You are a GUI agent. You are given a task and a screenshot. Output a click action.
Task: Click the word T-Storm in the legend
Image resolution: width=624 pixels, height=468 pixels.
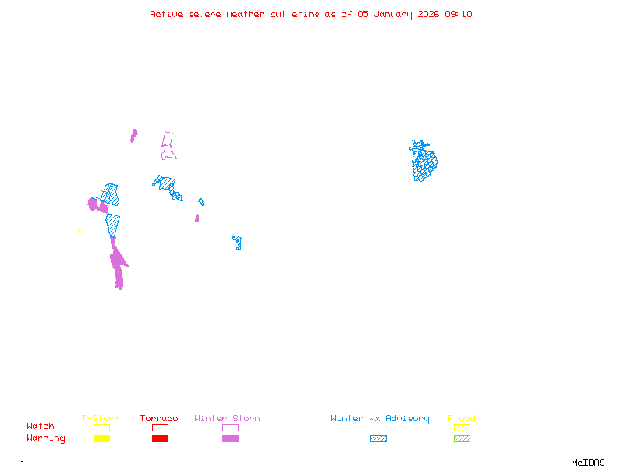click(101, 418)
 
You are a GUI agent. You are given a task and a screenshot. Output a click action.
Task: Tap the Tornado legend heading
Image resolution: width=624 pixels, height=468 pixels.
click(159, 418)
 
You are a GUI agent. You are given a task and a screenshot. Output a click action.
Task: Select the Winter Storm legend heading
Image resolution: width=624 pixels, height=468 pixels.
click(227, 418)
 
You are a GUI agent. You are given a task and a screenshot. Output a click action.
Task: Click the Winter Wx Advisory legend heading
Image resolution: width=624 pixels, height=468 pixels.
click(380, 418)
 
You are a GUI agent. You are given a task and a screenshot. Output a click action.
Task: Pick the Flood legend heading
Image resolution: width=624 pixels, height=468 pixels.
click(462, 418)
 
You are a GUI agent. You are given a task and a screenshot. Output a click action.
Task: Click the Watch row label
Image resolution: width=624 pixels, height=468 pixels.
click(41, 426)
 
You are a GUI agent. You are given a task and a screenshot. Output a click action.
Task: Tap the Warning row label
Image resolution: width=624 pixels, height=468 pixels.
click(46, 438)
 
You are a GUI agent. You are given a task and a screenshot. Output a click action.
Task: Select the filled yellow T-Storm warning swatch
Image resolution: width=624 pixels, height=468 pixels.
click(101, 438)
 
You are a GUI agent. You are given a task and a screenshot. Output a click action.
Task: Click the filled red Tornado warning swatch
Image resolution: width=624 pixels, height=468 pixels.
click(160, 438)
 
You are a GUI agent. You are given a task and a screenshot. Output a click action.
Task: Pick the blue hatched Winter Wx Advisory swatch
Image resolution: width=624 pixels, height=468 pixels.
click(378, 438)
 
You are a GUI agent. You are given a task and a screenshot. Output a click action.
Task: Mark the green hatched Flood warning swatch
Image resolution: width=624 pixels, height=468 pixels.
click(462, 438)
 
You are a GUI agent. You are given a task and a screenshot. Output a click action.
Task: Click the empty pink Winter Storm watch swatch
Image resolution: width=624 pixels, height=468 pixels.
click(230, 427)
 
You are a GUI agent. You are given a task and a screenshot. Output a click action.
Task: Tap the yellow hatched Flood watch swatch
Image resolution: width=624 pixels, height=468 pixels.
click(462, 427)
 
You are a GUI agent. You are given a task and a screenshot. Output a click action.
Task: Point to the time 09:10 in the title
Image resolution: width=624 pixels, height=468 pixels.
click(459, 14)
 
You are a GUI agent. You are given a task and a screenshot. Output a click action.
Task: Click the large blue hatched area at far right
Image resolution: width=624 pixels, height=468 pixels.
click(424, 162)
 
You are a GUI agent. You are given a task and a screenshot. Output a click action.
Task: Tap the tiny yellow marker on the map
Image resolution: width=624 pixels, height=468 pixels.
click(80, 230)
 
